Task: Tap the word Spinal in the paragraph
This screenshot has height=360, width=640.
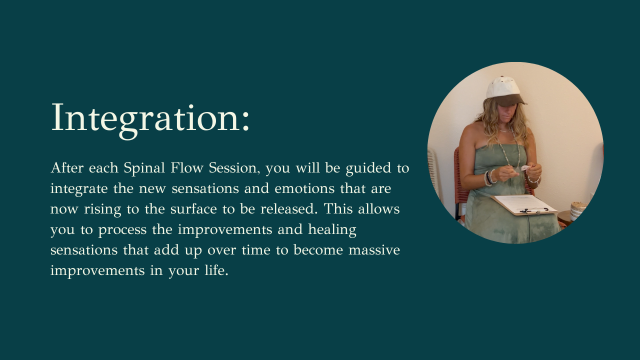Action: pos(144,168)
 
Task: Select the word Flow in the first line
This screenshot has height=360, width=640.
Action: pos(187,167)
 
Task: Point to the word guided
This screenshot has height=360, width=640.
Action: pos(368,168)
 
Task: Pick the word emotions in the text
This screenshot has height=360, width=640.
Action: pos(304,188)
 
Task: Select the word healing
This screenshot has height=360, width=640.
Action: pos(332,230)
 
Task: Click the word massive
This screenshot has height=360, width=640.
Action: pos(374,250)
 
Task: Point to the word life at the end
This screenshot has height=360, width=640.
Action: pos(216,270)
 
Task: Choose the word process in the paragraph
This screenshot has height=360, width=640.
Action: pos(122,230)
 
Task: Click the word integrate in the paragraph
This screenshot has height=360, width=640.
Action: pos(79,189)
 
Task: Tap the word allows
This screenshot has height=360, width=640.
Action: pos(379,209)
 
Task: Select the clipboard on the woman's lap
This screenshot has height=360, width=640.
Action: pos(524,204)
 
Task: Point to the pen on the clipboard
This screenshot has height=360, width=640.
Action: pos(533,210)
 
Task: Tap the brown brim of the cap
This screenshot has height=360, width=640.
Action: pos(511,100)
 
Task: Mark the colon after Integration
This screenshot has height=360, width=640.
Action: pos(245,123)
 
